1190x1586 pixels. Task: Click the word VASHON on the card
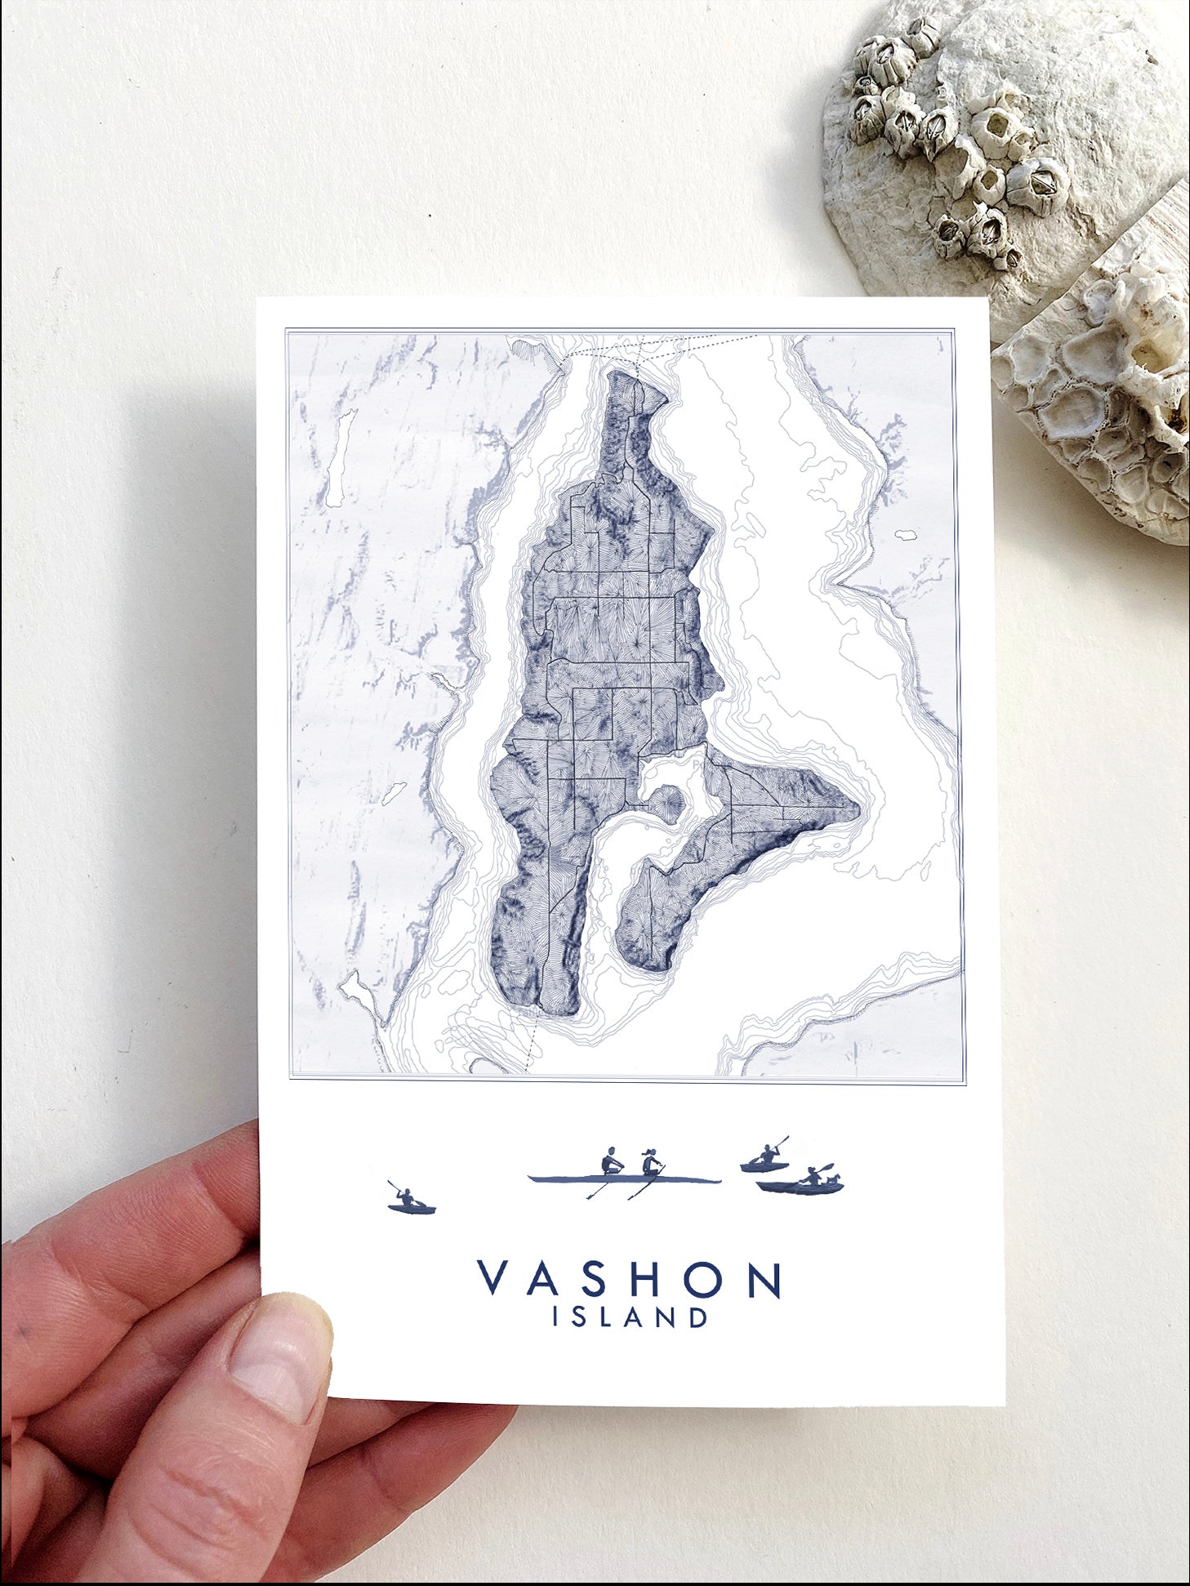pyautogui.click(x=630, y=1280)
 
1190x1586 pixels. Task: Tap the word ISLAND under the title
pyautogui.click(x=630, y=1318)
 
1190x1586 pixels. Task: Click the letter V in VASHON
pyautogui.click(x=494, y=1280)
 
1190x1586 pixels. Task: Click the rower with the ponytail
pyautogui.click(x=651, y=1161)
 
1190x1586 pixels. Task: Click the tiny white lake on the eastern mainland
pyautogui.click(x=905, y=536)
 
